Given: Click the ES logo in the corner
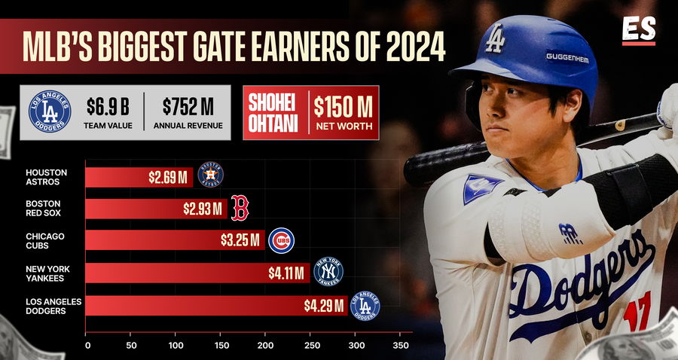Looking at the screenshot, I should tap(639, 30).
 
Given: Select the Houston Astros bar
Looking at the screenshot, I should tap(139, 177).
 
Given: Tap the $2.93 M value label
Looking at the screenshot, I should tap(203, 209).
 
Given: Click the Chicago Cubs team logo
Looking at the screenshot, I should tap(281, 241).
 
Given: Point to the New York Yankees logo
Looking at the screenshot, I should tap(328, 272).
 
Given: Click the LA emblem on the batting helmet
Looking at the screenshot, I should tap(495, 38).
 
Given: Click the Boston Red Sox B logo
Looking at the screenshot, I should tap(240, 208).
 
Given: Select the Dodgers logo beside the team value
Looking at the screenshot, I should tap(50, 112).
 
